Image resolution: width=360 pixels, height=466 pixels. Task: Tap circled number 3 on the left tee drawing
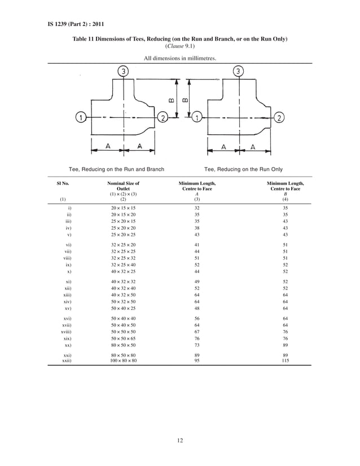(x=123, y=72)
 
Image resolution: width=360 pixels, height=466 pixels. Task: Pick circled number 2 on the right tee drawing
(x=279, y=117)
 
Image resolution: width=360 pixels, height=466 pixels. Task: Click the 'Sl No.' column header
(x=63, y=183)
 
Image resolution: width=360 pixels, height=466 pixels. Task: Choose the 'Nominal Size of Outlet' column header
(x=124, y=186)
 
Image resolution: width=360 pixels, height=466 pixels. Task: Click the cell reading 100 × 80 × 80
(x=124, y=361)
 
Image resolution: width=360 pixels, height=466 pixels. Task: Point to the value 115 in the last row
(x=285, y=361)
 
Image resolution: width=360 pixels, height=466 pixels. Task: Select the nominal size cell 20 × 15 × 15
(x=124, y=208)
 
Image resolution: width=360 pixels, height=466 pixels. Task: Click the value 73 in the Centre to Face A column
(x=197, y=344)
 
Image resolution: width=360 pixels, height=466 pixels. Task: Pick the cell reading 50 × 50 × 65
(x=124, y=338)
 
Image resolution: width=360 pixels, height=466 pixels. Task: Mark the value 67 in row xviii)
(x=197, y=332)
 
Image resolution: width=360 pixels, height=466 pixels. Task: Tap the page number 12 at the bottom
(x=179, y=441)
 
